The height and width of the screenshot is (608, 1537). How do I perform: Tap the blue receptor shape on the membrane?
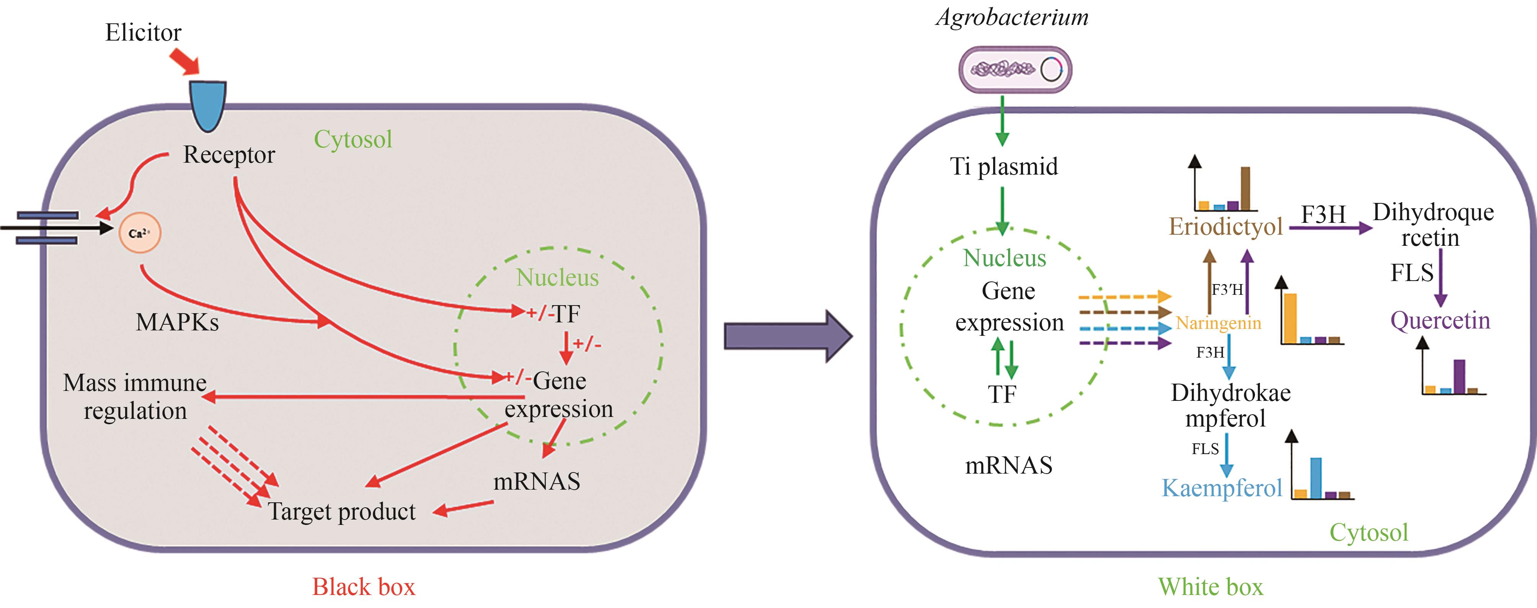click(208, 105)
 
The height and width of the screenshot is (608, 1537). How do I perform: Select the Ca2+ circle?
click(140, 233)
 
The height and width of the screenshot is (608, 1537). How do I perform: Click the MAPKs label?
click(177, 323)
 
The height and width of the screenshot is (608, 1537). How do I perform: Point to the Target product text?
click(341, 512)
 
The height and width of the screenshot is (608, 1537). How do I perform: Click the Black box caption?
click(363, 587)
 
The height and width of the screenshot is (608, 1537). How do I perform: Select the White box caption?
click(1211, 587)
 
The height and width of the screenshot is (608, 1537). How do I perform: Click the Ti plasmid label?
click(1003, 167)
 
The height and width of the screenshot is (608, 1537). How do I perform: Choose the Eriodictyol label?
click(1225, 227)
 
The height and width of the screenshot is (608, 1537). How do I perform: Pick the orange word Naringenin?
click(1218, 324)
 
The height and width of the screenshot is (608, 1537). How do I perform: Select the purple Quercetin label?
click(1440, 321)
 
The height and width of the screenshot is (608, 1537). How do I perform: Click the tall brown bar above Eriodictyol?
click(1245, 188)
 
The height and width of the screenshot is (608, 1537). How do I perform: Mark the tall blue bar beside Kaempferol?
click(1316, 477)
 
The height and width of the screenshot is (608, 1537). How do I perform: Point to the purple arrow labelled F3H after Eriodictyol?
click(1331, 228)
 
